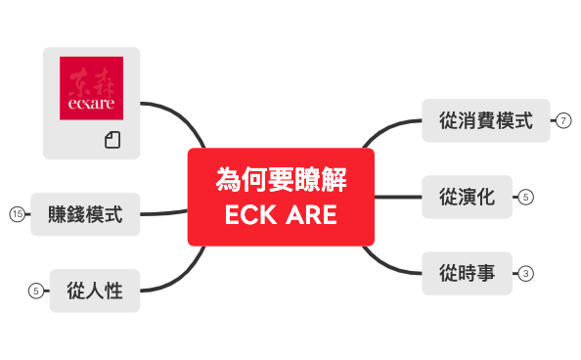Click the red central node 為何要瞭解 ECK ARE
point(281,197)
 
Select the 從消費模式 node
point(485,121)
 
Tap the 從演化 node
point(467,198)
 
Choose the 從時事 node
point(467,273)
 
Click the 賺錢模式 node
point(85,214)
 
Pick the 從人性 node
point(95,290)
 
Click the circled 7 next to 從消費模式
point(563,121)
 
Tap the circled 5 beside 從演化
point(526,198)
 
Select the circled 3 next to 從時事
point(526,273)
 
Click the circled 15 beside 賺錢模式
point(16,214)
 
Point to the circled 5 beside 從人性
point(35,290)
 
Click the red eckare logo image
point(92,88)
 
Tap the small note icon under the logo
point(112,140)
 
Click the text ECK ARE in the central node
point(281,214)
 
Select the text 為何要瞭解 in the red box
point(281,180)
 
